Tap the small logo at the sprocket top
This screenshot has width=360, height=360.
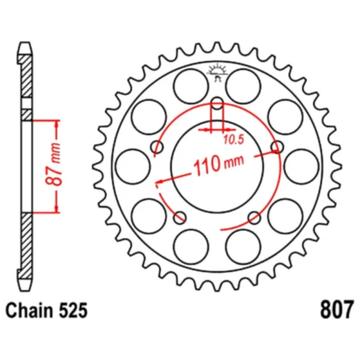pyautogui.click(x=217, y=71)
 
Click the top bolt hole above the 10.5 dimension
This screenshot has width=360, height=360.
pyautogui.click(x=217, y=105)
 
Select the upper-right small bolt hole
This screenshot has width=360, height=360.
pyautogui.click(x=278, y=147)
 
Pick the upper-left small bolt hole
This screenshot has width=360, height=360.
pyautogui.click(x=157, y=147)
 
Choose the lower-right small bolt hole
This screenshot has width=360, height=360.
pyautogui.click(x=254, y=217)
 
